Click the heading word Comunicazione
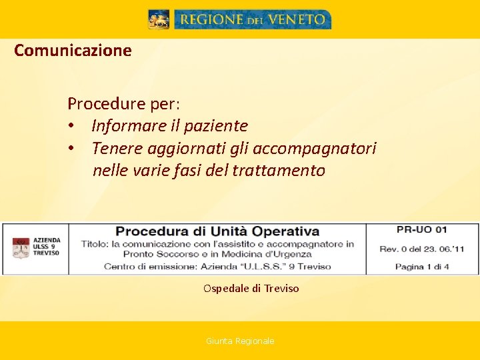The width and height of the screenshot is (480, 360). pyautogui.click(x=73, y=50)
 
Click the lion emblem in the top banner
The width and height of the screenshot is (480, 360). pyautogui.click(x=159, y=19)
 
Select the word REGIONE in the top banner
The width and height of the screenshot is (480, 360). pyautogui.click(x=212, y=20)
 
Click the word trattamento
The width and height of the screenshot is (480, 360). pyautogui.click(x=279, y=171)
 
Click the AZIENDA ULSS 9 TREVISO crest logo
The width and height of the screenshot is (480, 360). pyautogui.click(x=21, y=248)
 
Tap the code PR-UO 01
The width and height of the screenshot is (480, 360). pyautogui.click(x=421, y=230)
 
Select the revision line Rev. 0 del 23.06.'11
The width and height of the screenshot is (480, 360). pyautogui.click(x=422, y=249)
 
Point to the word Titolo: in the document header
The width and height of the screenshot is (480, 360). pyautogui.click(x=96, y=244)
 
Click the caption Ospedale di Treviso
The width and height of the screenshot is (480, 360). pyautogui.click(x=251, y=289)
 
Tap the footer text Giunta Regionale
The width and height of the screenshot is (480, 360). pyautogui.click(x=240, y=341)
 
